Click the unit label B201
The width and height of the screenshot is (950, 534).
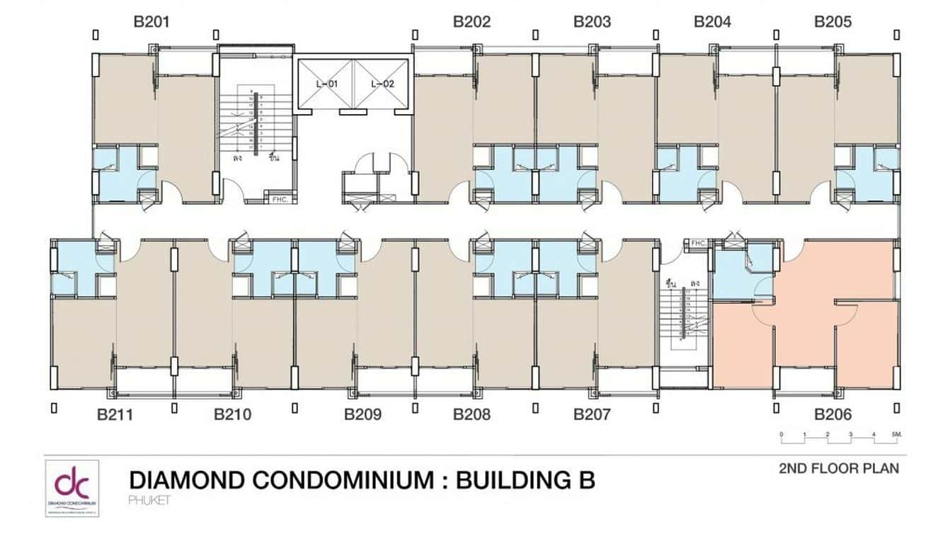(152, 22)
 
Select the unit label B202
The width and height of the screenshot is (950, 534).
(472, 22)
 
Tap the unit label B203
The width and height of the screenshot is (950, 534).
(593, 22)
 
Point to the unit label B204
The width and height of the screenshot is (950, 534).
(713, 22)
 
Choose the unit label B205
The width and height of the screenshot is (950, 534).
(833, 22)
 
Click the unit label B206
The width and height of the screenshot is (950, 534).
(833, 414)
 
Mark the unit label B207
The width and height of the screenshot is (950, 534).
(593, 414)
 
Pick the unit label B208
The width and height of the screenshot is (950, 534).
(472, 414)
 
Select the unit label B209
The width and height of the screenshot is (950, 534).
(363, 414)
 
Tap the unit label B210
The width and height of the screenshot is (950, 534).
(233, 414)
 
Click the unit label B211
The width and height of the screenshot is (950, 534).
(115, 414)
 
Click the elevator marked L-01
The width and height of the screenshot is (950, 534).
(326, 84)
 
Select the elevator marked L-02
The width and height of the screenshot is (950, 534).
(382, 84)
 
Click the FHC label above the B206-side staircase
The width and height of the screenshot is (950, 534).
(698, 244)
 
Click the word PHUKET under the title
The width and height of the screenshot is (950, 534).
(150, 500)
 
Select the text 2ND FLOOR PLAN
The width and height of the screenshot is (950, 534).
(839, 468)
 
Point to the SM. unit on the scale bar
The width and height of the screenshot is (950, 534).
(896, 433)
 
